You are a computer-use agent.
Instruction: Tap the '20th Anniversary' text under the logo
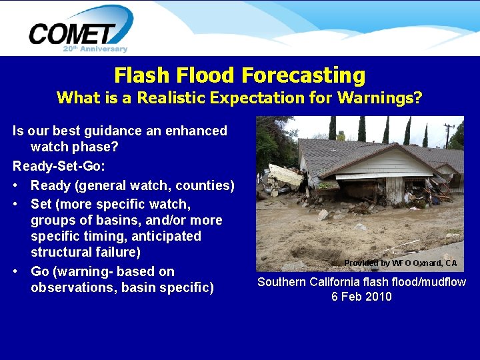tap(95, 49)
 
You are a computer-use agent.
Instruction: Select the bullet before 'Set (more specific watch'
tap(16, 204)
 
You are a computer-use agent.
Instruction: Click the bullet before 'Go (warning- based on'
tap(16, 272)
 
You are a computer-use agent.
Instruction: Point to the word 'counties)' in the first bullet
tap(206, 185)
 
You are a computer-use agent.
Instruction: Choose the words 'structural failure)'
tap(85, 252)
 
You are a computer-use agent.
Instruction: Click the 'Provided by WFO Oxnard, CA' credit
tap(400, 263)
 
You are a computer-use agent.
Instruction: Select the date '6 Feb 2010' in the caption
tap(361, 297)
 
